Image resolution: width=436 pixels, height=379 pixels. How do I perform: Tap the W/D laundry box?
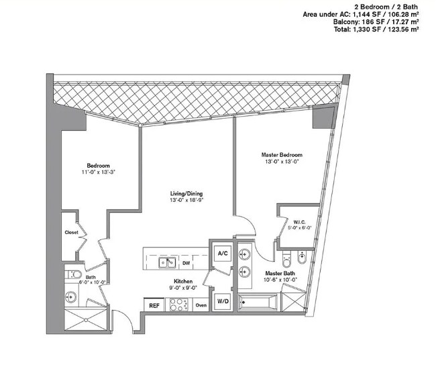click(222, 301)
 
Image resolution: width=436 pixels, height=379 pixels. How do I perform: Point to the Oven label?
click(201, 306)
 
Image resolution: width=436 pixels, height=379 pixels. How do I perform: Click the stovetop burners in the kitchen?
click(178, 305)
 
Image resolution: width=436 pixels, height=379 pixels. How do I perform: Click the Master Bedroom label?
click(280, 155)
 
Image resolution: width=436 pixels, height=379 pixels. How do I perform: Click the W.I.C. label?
click(298, 222)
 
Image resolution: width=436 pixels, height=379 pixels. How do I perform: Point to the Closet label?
click(72, 233)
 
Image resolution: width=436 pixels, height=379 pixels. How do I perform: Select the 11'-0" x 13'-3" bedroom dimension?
click(99, 172)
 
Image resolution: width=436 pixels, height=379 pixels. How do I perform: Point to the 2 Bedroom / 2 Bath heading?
click(396, 5)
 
